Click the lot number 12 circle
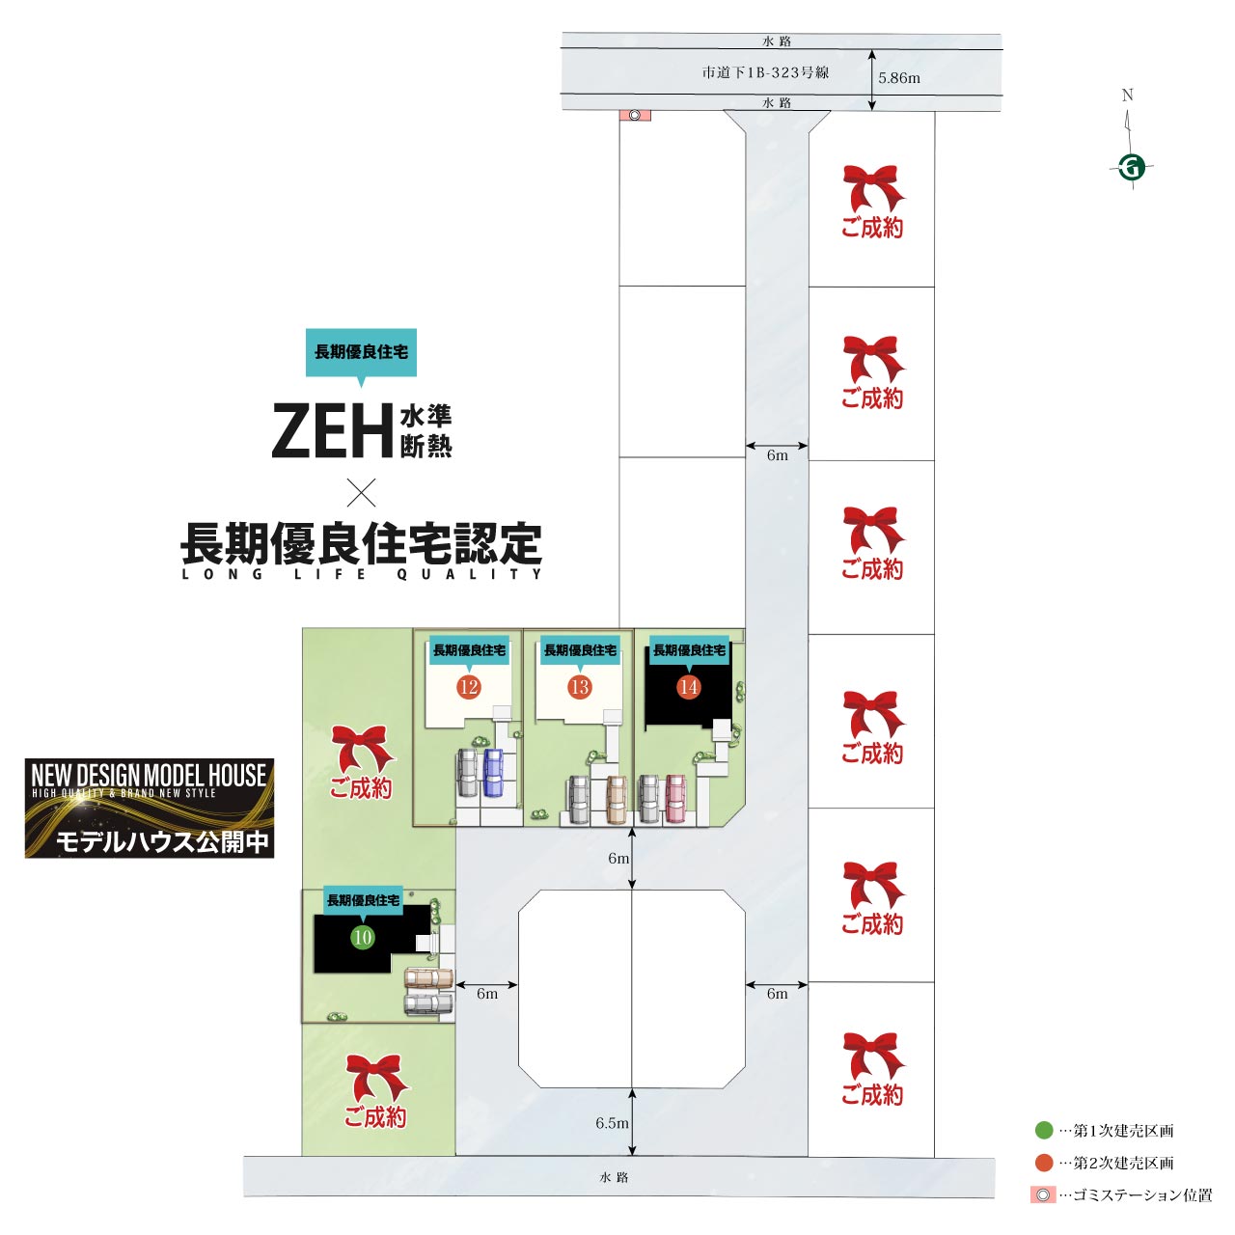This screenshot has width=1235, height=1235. pos(469,687)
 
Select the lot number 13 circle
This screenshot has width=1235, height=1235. pos(579,687)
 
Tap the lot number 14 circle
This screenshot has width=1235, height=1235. pos(688,687)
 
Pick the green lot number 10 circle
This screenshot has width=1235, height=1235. pos(363,937)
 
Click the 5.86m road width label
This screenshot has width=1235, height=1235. pos(899,78)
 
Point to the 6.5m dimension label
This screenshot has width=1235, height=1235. pos(612,1123)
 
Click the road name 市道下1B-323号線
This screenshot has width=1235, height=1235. pos(765,72)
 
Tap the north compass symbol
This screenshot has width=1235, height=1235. pos(1132,167)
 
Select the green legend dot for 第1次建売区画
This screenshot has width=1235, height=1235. pos(1044,1130)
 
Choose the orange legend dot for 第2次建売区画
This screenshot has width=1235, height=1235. pos(1044,1163)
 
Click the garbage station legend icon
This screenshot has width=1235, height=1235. pos(1043,1195)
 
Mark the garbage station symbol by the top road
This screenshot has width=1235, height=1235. pos(635,115)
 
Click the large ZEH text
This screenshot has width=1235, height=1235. pos(333,431)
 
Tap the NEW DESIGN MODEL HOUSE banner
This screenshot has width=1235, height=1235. pos(150,809)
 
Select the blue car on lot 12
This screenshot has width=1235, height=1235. pos(494,772)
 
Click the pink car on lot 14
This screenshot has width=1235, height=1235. pos(675,798)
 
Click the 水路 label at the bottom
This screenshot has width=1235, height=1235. pos(614,1177)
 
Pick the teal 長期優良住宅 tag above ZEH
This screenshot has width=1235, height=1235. pos(361,352)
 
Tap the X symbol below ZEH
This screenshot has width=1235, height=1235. pos(361,493)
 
